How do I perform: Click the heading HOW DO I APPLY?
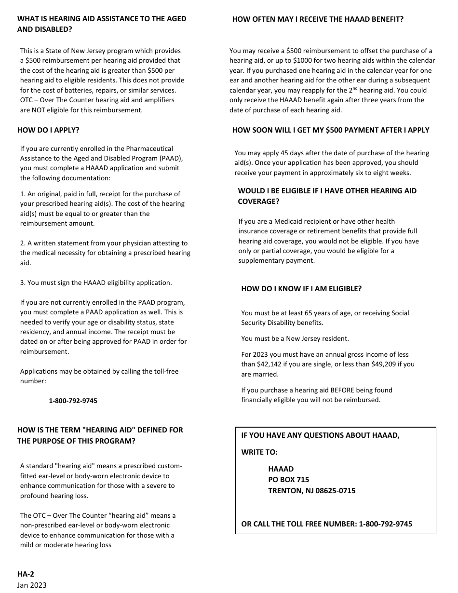(x=48, y=130)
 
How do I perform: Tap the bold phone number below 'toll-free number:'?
(x=73, y=401)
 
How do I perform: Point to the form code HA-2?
(x=26, y=574)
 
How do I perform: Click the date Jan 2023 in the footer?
(x=32, y=585)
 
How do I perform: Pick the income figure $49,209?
(x=383, y=364)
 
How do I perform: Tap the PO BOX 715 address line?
(x=288, y=480)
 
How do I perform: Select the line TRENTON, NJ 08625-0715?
(x=311, y=491)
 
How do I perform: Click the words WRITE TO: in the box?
(x=259, y=452)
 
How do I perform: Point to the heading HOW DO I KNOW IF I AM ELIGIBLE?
(x=301, y=289)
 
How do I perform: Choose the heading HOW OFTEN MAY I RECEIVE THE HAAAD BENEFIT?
(x=318, y=19)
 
